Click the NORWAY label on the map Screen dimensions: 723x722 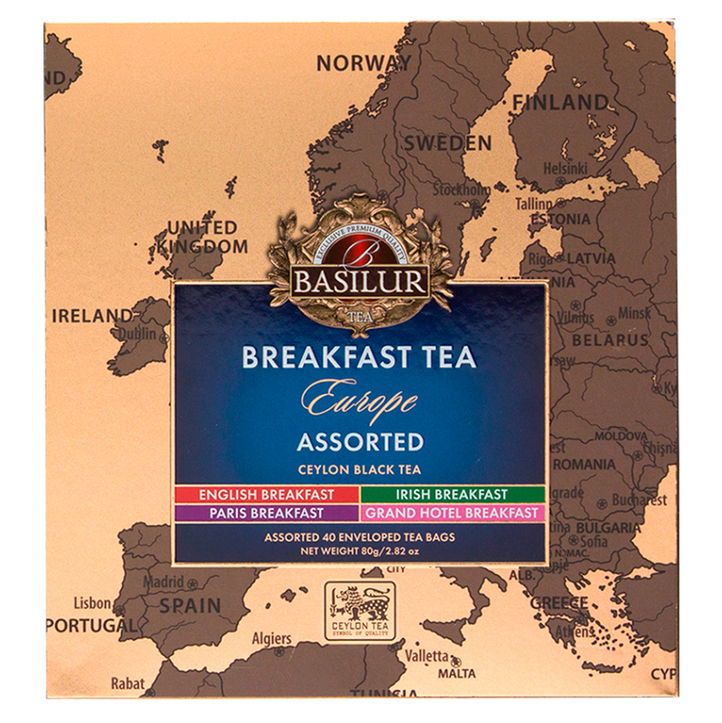(363, 63)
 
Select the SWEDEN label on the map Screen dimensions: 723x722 (448, 143)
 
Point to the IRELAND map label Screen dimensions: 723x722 (92, 315)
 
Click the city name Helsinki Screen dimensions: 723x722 (566, 169)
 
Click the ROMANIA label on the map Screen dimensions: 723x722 (607, 465)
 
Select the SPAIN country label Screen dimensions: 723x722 (189, 605)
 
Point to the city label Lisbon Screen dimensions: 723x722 (92, 603)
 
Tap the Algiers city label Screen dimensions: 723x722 (271, 639)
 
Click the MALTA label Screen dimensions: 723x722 (457, 674)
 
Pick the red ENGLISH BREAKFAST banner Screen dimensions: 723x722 (267, 495)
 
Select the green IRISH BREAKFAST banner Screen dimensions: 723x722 (452, 495)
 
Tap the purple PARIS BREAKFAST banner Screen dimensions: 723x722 (267, 512)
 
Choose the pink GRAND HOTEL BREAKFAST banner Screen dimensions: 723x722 (452, 512)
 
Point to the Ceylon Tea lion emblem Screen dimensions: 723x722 (359, 606)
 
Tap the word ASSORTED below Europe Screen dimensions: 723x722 (360, 442)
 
